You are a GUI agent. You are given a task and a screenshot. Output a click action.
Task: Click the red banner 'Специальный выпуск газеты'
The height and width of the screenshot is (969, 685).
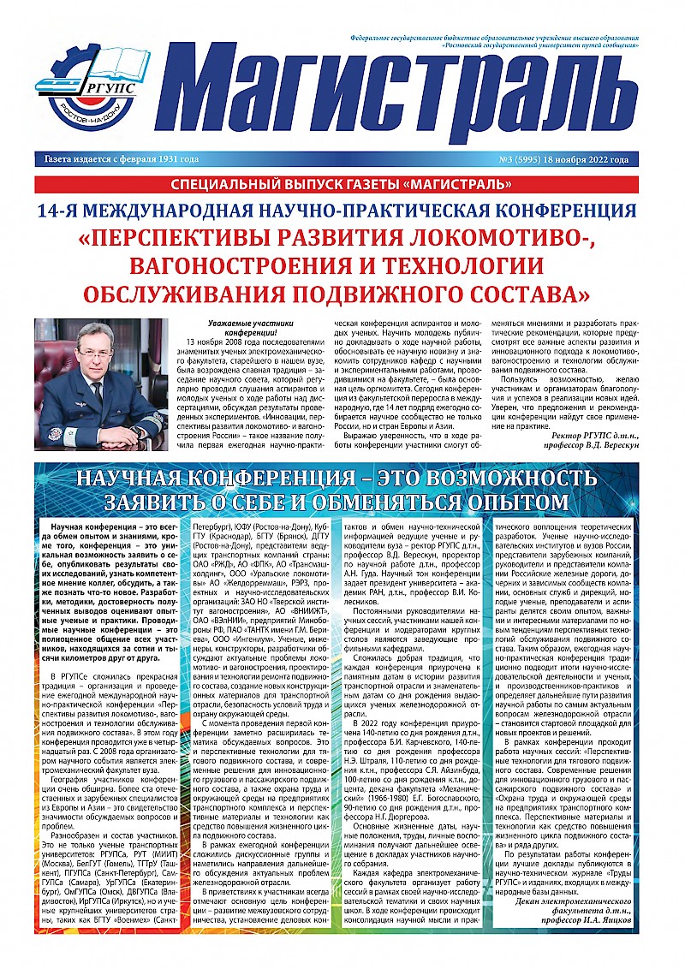tap(342, 184)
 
